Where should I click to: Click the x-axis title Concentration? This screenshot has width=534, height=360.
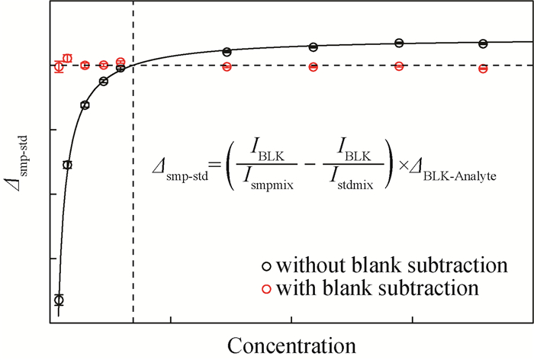coord(291,346)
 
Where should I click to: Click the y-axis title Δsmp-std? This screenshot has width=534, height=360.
coord(20,163)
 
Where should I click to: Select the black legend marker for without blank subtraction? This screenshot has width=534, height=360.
coord(267,266)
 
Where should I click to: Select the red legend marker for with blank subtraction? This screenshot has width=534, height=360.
coord(266,289)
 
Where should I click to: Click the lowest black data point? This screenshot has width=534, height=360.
coord(59,300)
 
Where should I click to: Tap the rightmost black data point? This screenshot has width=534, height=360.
coord(483,43)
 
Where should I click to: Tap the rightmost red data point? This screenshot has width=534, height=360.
coord(483,69)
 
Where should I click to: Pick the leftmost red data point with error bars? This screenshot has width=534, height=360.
coord(59,67)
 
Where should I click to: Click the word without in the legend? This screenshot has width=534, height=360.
coord(311,265)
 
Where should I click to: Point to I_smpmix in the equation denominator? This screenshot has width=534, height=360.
coord(268,178)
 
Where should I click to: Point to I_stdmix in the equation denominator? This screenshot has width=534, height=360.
coord(352,178)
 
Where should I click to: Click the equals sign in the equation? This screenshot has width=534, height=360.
coord(216,166)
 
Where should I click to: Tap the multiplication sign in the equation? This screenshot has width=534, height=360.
coord(404,166)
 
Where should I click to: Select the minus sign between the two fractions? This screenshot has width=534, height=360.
coord(308,164)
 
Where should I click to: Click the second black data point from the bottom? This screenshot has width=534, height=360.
coord(68,166)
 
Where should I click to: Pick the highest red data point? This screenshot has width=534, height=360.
coord(68,58)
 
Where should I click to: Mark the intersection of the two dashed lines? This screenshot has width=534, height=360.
coord(133,65)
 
